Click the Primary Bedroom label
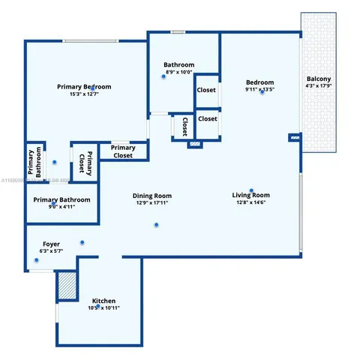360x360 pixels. [x=88, y=87]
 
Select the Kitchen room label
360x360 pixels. [x=103, y=300]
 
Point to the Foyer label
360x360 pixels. [x=51, y=244]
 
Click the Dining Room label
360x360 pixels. [x=153, y=195]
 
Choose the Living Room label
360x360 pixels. [x=250, y=195]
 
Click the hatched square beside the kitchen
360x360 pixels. [x=67, y=286]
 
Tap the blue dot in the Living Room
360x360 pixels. [x=251, y=190]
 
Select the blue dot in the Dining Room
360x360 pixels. [x=157, y=224]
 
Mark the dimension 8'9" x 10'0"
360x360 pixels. [x=180, y=72]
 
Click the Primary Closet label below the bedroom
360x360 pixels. [x=123, y=151]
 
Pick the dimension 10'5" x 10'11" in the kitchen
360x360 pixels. [x=103, y=307]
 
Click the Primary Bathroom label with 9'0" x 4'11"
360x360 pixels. [x=61, y=199]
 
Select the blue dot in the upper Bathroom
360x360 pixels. [x=163, y=76]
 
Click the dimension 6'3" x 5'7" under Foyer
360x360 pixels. [x=51, y=251]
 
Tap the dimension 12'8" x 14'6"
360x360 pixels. [x=250, y=202]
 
